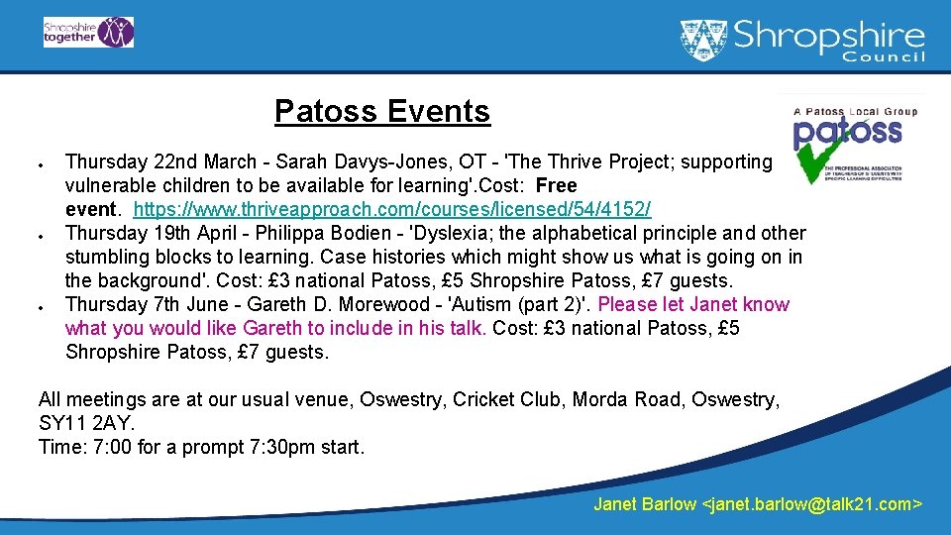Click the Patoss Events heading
(x=381, y=112)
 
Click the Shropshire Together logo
(x=88, y=32)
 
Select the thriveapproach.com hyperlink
(x=391, y=210)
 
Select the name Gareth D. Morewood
(x=344, y=305)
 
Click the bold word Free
(x=557, y=186)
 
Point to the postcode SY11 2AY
(x=84, y=423)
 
